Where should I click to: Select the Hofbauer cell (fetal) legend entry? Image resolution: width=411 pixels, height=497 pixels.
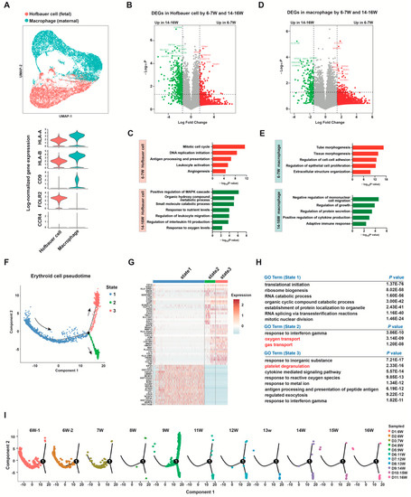(48, 7)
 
